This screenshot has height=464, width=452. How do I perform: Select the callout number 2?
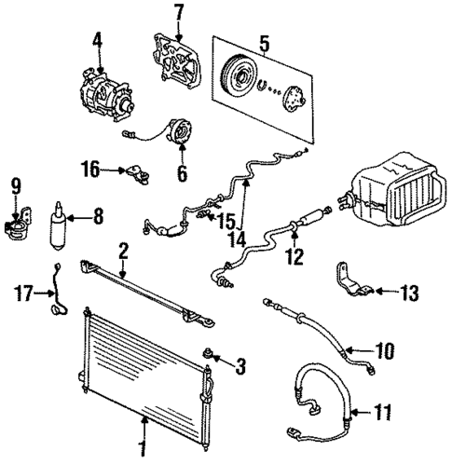(x=122, y=249)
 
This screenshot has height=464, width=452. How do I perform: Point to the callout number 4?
(x=97, y=40)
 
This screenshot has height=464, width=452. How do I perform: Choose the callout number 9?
(x=15, y=185)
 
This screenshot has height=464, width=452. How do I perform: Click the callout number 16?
(x=90, y=169)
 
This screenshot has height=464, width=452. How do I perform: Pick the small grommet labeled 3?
(x=211, y=354)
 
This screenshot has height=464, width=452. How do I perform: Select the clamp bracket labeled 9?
(x=16, y=225)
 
